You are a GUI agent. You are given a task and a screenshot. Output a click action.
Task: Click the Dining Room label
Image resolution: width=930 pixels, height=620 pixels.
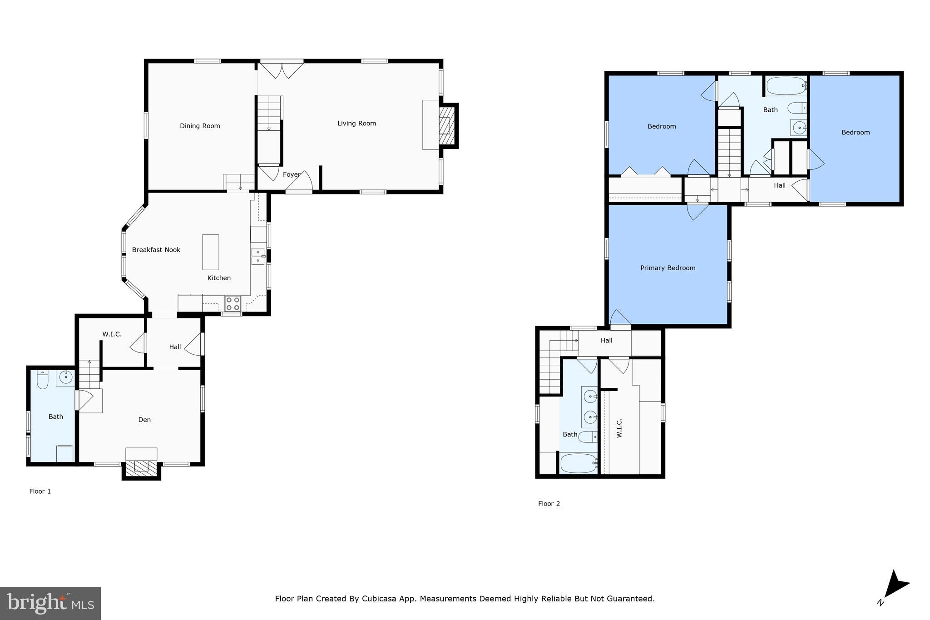point(200,126)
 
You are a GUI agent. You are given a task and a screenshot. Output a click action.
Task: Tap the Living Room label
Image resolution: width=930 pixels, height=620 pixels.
point(356,123)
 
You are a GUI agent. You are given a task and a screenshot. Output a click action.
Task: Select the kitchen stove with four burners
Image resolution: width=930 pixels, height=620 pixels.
point(233,303)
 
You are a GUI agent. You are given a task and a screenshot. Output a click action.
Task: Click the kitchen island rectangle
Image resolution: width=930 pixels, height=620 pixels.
point(211,252)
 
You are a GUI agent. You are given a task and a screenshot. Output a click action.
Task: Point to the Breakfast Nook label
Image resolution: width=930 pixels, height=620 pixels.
point(156,250)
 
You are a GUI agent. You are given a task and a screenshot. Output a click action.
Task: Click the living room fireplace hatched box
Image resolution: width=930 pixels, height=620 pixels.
point(446,125)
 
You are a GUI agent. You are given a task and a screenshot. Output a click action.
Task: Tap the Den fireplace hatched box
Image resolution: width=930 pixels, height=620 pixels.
point(141,467)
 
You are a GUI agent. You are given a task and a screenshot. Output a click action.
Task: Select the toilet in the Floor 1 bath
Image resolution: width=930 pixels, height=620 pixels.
point(43,380)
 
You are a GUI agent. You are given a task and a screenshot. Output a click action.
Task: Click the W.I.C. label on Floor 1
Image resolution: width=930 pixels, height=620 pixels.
point(112,334)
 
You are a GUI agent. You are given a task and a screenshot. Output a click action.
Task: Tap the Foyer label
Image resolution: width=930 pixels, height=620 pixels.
point(292,174)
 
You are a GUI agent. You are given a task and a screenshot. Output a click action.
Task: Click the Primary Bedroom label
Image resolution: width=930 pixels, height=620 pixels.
point(668,268)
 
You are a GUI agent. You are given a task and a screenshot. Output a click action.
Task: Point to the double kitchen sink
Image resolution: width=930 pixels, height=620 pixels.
point(257,256)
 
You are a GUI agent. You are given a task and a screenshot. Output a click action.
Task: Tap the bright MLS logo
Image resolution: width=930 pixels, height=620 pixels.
point(50,603)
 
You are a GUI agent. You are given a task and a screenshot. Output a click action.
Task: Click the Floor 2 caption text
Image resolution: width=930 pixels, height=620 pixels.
point(549,503)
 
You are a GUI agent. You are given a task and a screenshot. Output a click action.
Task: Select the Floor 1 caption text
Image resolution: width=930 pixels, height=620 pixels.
point(40,491)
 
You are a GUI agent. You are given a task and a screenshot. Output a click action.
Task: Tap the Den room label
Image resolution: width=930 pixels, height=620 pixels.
point(144,420)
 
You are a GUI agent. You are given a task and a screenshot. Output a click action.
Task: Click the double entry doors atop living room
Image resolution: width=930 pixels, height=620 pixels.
point(282,70)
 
